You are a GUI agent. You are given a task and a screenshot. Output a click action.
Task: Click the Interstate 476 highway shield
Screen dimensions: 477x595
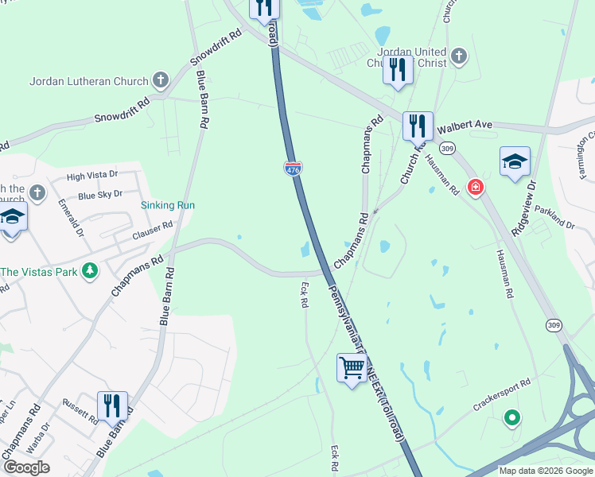point(292,168)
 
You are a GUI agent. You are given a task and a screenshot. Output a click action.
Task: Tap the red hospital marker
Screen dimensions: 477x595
point(476,188)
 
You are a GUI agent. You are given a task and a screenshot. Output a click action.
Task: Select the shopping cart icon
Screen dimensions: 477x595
point(352,368)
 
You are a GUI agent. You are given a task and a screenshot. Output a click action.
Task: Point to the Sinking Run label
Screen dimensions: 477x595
point(168,205)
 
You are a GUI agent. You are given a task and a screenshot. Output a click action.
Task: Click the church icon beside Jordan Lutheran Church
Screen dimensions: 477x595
point(161,80)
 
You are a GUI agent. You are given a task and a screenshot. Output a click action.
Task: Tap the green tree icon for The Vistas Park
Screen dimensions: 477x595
point(91,271)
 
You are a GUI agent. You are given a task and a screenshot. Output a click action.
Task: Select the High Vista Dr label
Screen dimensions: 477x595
point(91,176)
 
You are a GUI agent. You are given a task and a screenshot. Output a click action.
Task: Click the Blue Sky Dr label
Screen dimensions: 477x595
point(99,195)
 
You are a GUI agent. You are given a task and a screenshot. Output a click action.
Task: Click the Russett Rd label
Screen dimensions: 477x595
point(80,390)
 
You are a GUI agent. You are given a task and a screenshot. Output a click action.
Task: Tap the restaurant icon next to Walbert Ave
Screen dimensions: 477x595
point(418,125)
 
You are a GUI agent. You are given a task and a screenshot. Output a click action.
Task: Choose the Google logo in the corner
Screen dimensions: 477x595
point(26,467)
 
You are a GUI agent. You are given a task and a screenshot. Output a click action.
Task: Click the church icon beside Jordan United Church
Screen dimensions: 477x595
point(457,56)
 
